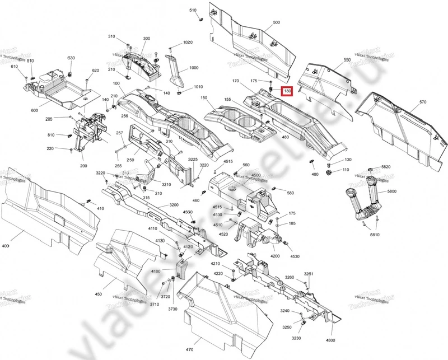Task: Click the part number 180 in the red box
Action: point(287,91)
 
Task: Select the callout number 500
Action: point(276,22)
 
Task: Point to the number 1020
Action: point(188,43)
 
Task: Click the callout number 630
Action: point(71,58)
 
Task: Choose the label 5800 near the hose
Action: point(391,191)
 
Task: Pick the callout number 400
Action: point(6,246)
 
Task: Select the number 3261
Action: point(309,274)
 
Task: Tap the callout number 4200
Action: point(274,256)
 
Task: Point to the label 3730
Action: point(172,309)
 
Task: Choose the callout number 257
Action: point(119,133)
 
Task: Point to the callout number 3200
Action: point(174,205)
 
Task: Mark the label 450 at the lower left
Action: point(99,293)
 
